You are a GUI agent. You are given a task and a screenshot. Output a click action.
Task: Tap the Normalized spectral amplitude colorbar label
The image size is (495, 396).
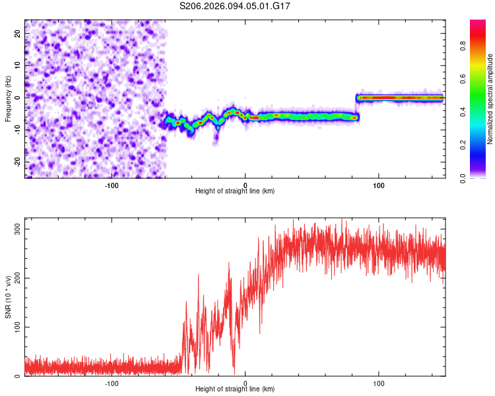tap(490, 99)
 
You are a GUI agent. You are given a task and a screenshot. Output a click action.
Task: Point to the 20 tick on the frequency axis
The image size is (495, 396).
tap(18, 32)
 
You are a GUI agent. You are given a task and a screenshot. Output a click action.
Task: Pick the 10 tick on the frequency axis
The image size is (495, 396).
tap(18, 64)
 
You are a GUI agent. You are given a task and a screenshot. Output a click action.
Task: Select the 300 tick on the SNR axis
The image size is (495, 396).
tap(16, 228)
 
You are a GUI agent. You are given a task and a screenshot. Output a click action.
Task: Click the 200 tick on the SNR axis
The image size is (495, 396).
tap(16, 278)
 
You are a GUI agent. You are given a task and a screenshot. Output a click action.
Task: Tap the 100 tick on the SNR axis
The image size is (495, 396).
tap(16, 327)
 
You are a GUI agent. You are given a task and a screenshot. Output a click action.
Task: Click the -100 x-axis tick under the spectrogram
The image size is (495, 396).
tap(112, 184)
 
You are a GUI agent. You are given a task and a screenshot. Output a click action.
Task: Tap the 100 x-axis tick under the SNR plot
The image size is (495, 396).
tap(379, 383)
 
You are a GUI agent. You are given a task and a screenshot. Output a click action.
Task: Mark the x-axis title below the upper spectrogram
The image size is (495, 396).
tap(235, 191)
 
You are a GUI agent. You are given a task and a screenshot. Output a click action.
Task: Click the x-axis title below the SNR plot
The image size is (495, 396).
tap(235, 390)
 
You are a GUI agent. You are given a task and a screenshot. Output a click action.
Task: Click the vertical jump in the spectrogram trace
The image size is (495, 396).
tap(357, 108)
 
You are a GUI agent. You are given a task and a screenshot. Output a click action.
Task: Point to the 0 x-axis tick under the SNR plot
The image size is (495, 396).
tap(246, 383)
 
